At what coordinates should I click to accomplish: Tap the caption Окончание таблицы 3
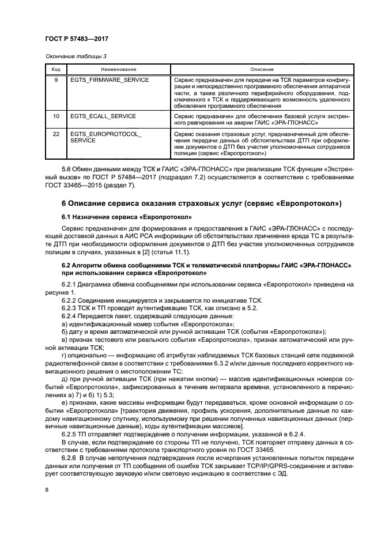tap(72, 56)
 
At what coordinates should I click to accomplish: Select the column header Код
tap(56, 69)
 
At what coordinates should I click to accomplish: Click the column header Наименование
tap(118, 69)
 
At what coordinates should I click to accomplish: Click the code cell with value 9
tap(56, 80)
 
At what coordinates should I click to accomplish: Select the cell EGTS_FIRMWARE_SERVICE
tap(101, 80)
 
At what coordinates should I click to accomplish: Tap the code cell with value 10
tap(56, 116)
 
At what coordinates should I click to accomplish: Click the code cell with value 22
tap(56, 133)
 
